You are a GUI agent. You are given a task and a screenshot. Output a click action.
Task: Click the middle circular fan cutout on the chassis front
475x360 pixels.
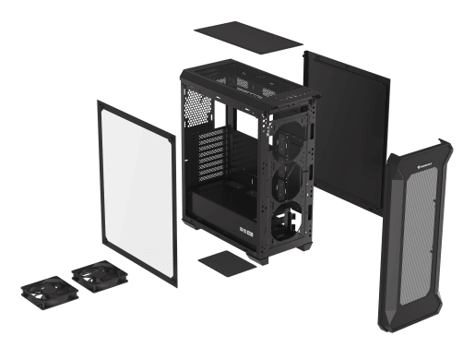[x=288, y=164]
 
